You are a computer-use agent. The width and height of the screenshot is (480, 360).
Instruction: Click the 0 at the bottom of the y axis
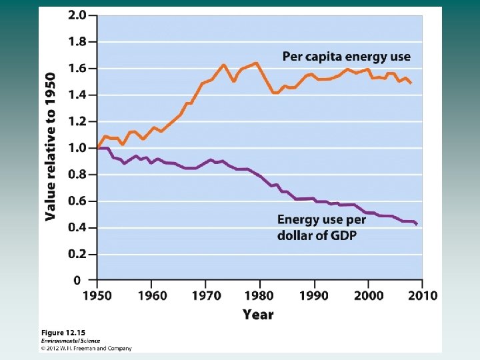point(77,281)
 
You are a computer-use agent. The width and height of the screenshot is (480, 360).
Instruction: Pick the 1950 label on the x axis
point(97,295)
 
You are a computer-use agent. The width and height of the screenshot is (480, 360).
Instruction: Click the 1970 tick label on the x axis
point(206,295)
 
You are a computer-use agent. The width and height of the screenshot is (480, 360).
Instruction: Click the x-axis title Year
point(257,314)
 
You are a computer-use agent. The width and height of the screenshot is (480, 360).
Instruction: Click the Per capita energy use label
point(347,57)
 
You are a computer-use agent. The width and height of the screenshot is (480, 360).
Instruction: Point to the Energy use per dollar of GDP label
point(321,227)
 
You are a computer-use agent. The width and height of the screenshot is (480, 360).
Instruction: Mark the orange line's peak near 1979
point(256,63)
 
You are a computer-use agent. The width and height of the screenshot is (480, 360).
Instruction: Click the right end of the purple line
point(417,224)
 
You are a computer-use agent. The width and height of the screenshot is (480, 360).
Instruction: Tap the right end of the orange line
point(411,83)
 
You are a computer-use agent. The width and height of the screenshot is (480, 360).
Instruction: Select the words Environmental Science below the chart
point(69,340)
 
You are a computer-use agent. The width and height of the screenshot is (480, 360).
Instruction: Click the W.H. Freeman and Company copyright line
point(87,348)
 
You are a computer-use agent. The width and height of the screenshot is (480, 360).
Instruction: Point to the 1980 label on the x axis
point(260,295)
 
